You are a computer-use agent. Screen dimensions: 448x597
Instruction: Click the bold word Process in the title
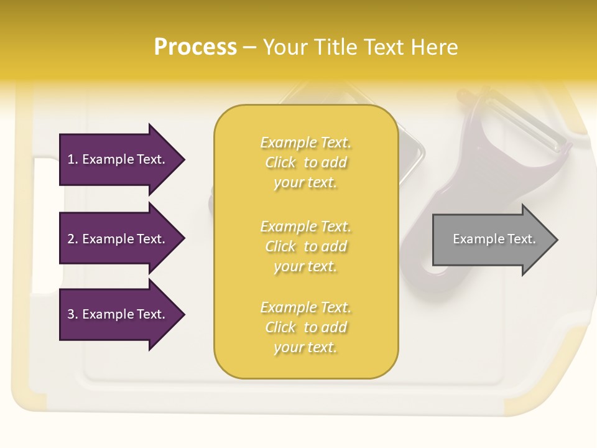click(195, 47)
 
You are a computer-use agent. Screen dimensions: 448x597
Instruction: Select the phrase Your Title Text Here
click(360, 47)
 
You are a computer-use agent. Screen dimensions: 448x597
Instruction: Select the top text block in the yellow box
click(305, 162)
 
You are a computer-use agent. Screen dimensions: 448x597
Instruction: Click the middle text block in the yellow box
click(305, 246)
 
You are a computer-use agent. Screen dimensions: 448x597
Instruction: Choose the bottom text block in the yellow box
click(305, 327)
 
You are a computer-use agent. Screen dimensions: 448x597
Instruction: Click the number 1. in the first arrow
click(73, 159)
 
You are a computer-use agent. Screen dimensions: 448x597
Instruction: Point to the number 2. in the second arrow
click(73, 239)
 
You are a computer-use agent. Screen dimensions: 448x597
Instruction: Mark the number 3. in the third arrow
click(73, 314)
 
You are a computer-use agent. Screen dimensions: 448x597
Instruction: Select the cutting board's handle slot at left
click(44, 224)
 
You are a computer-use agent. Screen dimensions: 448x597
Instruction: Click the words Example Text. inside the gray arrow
click(494, 239)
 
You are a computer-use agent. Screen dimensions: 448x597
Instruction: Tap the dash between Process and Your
click(249, 48)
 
